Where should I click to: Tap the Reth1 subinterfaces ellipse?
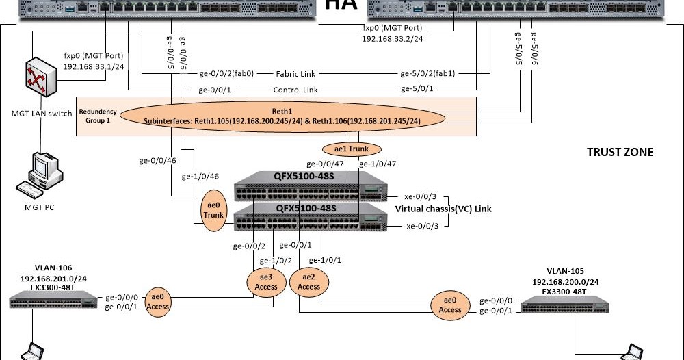pos(282,116)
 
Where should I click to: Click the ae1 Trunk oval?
pos(350,149)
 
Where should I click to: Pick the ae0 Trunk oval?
pos(213,209)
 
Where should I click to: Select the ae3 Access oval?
pos(266,281)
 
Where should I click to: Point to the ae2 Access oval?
pos(308,281)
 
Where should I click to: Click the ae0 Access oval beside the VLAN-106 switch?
pos(158,302)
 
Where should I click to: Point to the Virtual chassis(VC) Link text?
pos(443,209)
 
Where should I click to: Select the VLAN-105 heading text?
pos(566,271)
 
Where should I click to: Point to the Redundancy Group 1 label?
pos(98,116)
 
